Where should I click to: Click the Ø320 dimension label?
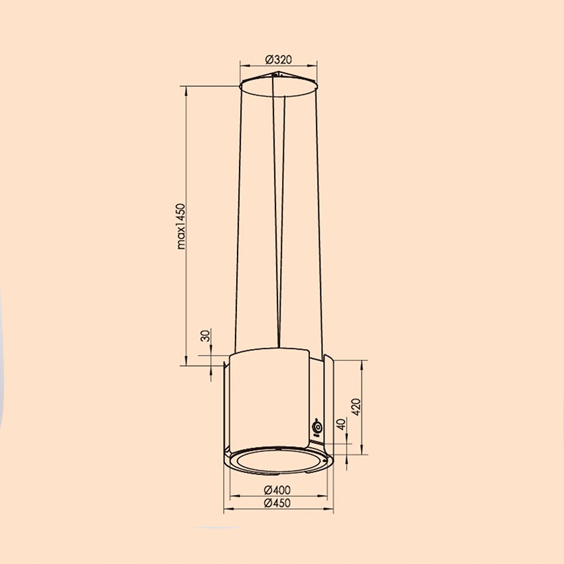279,59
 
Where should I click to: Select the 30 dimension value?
205,336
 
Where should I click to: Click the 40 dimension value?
340,425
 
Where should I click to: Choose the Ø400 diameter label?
278,490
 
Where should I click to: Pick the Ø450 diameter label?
278,504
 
